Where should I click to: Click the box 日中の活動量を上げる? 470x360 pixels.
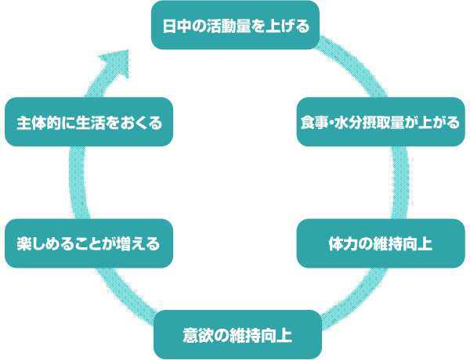[x=236, y=26]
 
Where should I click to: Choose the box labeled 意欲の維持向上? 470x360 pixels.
[x=237, y=335]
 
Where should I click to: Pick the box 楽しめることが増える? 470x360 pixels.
[x=89, y=243]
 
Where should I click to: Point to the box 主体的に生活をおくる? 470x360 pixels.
[x=89, y=123]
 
